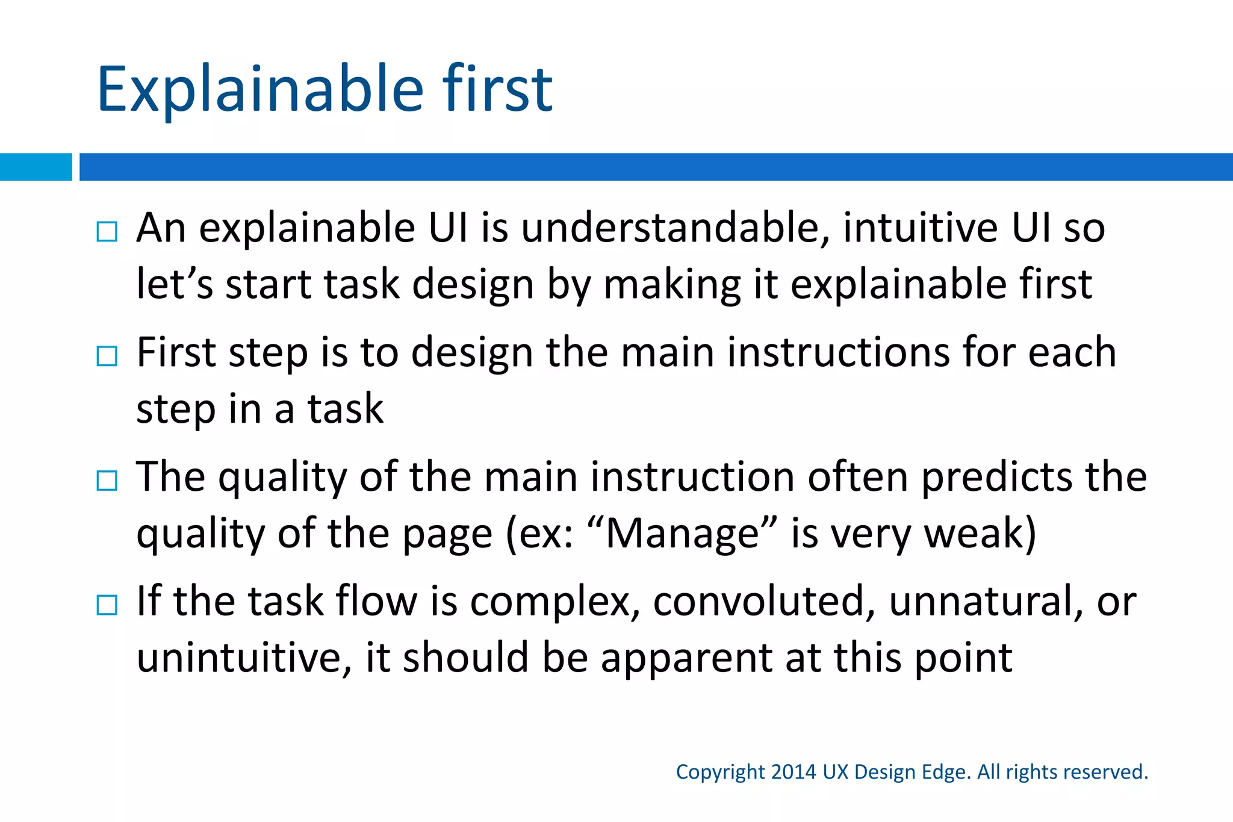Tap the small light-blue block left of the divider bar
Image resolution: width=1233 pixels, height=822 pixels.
tap(36, 167)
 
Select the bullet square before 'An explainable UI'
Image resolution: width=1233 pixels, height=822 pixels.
tap(107, 231)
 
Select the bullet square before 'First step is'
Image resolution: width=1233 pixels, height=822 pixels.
tap(107, 356)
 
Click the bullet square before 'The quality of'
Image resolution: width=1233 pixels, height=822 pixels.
tap(107, 481)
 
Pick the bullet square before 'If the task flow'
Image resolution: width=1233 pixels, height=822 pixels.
tap(107, 605)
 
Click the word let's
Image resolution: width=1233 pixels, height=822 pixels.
tap(175, 284)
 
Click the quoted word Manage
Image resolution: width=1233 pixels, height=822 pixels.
tap(683, 534)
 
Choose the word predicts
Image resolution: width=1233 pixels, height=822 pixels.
tap(996, 478)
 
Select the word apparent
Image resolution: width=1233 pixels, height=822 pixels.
tap(686, 658)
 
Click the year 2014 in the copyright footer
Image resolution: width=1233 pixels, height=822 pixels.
tap(794, 772)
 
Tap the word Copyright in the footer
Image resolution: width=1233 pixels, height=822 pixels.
tap(720, 773)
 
